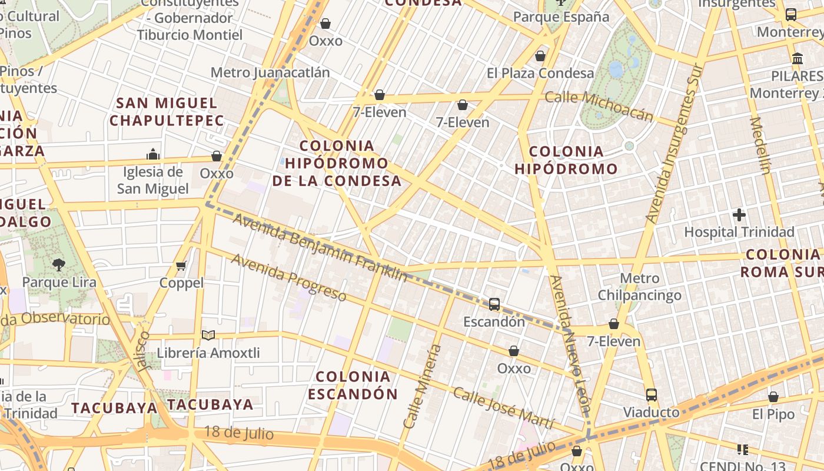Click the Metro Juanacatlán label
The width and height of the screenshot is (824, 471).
coord(270,72)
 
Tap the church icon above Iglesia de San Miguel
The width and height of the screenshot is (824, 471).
coord(153,155)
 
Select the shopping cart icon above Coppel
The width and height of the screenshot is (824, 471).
coord(181,266)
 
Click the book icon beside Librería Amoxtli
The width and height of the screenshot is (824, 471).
coord(208,335)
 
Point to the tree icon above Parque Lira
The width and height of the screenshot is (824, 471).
coord(58,265)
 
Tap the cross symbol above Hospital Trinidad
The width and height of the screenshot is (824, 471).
coord(739,215)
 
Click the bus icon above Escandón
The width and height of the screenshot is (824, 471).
coord(494,304)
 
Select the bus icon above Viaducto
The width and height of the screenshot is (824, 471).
coord(651,394)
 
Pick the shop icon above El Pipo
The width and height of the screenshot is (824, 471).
coord(773,397)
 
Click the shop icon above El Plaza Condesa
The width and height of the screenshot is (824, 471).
coord(540,56)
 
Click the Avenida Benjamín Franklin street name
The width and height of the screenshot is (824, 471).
coord(320,247)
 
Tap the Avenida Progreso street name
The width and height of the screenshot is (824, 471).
coord(288,277)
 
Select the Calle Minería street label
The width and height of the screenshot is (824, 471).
coord(422,386)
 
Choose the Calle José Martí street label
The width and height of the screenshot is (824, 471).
coord(503,409)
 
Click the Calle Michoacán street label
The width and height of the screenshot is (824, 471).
coord(599,105)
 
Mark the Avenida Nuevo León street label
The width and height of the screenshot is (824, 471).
coord(569,344)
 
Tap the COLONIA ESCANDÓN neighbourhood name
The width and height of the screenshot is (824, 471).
coord(353,385)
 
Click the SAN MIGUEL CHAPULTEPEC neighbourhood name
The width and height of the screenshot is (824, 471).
coord(167,112)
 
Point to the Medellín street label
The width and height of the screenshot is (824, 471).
coord(760,145)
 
